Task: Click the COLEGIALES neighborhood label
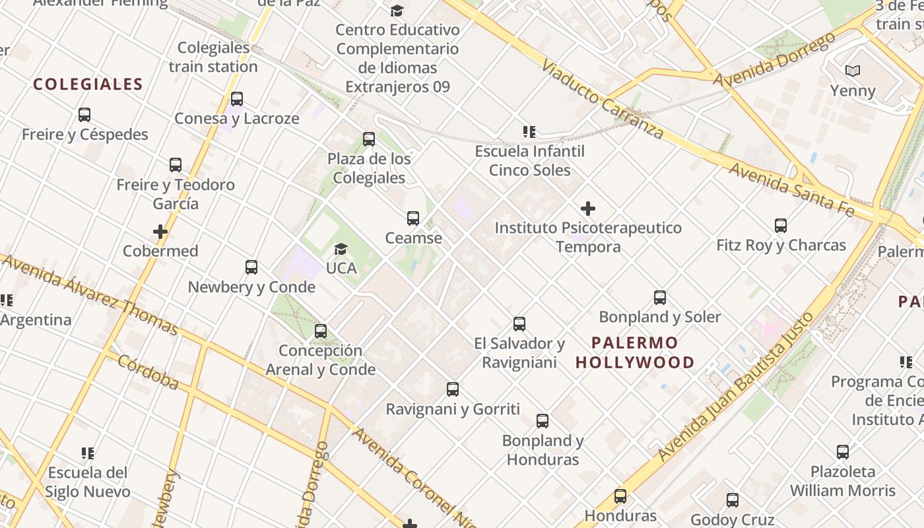[88, 84]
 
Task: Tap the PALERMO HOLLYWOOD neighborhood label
[635, 352]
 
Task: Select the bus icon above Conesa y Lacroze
[237, 99]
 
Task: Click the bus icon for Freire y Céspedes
[84, 115]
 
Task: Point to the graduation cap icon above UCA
[341, 249]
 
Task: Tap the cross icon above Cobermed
[160, 232]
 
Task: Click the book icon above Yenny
[853, 71]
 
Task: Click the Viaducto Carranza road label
[602, 100]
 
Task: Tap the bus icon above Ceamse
[413, 218]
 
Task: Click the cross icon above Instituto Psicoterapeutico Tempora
[587, 209]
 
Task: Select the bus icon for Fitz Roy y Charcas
[781, 226]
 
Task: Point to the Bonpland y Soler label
[660, 317]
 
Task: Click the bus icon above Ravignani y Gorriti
[453, 389]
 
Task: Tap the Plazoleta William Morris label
[843, 481]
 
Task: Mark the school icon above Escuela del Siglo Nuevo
[88, 453]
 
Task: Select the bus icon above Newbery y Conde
[251, 267]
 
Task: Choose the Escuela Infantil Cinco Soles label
[530, 160]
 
